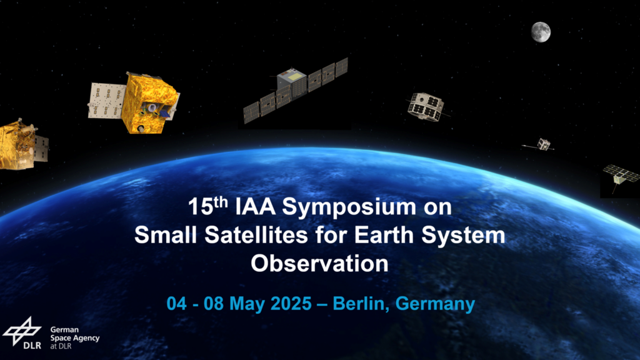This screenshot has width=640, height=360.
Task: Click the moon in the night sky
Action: [x=541, y=32]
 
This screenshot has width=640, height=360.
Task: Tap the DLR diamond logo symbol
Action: [x=22, y=331]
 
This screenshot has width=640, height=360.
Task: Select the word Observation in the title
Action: [x=319, y=263]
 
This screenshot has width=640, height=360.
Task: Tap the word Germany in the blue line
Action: [x=435, y=304]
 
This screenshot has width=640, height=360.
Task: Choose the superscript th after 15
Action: [x=221, y=202]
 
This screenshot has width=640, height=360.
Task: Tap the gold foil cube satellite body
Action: [x=150, y=103]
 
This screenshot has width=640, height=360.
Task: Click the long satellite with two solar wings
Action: [x=295, y=90]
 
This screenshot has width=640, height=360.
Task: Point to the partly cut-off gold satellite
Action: [x=23, y=145]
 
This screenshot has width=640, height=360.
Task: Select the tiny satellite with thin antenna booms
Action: [x=539, y=144]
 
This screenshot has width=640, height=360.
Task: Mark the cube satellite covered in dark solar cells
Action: [x=426, y=106]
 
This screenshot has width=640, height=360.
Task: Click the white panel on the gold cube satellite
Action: [x=106, y=101]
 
